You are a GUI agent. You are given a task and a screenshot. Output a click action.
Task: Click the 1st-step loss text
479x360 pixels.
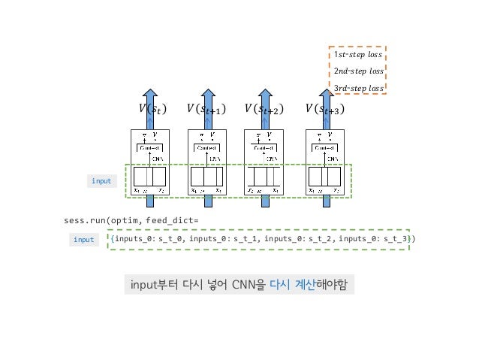point(358,55)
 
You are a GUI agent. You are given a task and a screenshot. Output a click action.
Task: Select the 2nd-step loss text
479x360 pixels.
point(358,71)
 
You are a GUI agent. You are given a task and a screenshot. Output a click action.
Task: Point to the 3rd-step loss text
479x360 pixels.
point(358,88)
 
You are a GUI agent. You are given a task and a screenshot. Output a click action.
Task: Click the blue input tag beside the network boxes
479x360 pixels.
point(101,181)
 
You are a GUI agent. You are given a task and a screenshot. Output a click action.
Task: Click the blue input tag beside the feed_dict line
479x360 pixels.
point(84,240)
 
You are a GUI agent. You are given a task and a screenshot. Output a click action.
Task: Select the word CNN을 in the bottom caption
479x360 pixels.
point(252,286)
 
